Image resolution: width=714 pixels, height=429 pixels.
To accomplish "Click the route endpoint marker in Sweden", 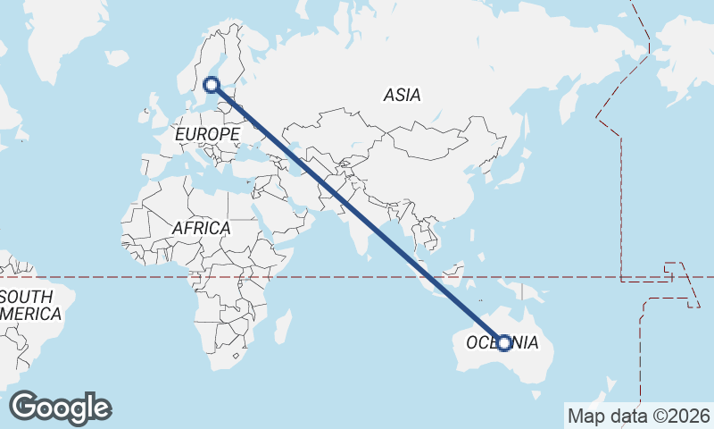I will [x=212, y=85].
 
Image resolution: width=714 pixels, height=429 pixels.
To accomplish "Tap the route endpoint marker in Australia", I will [x=504, y=343].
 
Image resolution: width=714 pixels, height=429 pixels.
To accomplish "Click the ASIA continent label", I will [x=402, y=95].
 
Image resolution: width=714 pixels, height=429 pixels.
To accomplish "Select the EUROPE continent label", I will [x=208, y=134].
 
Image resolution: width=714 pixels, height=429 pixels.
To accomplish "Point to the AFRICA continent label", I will [x=201, y=228].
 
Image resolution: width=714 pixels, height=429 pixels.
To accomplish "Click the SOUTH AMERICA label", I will [x=31, y=305].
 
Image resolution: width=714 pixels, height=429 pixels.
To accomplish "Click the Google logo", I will [x=60, y=408].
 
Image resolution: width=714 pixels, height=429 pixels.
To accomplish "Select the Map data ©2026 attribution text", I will [x=638, y=416].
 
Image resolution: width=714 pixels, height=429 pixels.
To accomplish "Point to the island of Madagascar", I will [x=283, y=327].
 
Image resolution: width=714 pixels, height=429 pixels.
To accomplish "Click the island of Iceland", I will [x=117, y=58].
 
